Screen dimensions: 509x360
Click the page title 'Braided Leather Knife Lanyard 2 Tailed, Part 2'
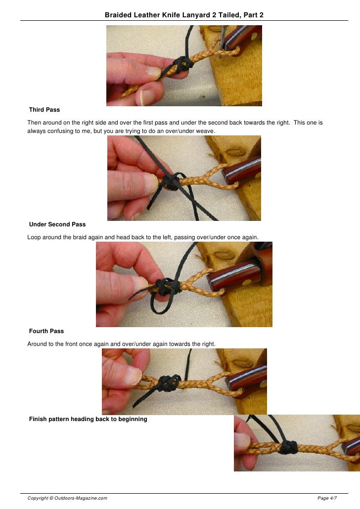(184, 16)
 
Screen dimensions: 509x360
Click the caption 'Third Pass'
(45, 109)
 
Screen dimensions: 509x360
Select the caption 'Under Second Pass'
(57, 224)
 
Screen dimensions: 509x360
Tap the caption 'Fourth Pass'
(46, 331)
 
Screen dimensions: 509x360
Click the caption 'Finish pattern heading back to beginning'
(88, 419)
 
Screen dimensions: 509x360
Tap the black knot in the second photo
(171, 182)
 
